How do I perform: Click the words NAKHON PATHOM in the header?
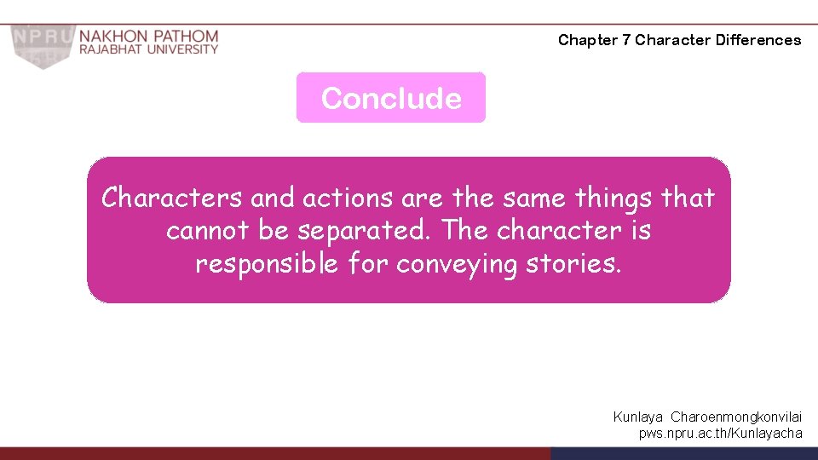[149, 37]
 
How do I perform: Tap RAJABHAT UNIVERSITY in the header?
[149, 50]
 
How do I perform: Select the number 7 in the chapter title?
[626, 40]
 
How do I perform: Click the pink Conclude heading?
[391, 98]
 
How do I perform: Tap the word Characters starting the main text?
[171, 198]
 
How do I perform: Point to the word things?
[614, 198]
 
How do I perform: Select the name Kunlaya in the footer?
[638, 417]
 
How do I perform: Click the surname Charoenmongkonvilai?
[736, 417]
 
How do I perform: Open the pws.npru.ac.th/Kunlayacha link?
[721, 433]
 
